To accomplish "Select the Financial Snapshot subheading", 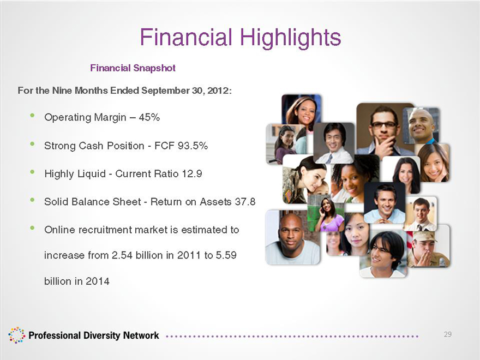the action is [x=133, y=68].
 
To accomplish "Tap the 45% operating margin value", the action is [x=149, y=117].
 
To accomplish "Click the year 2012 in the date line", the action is [x=219, y=91].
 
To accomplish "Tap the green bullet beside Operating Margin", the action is [x=32, y=116].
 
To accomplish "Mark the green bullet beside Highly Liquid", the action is [x=32, y=172].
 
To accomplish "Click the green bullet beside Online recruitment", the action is [x=32, y=228].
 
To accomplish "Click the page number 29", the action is [x=448, y=334].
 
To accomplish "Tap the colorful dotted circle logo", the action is [x=16, y=335].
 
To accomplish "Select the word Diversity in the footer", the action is [x=102, y=335].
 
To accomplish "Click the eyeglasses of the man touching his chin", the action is [x=384, y=124].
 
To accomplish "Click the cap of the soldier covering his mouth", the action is [x=424, y=236].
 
